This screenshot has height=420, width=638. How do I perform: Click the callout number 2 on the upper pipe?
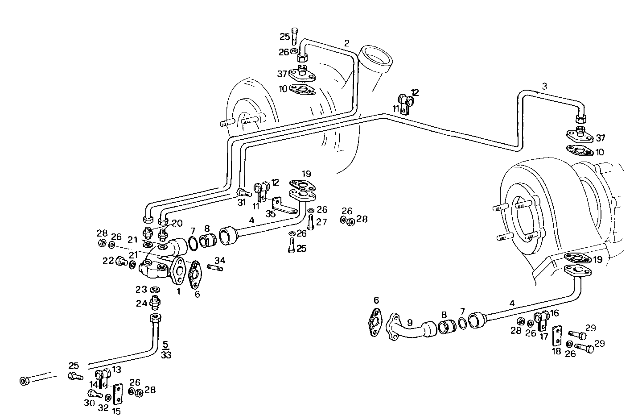pyautogui.click(x=346, y=43)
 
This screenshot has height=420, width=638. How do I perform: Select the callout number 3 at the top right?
pyautogui.click(x=544, y=86)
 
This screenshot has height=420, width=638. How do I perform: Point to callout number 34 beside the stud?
pyautogui.click(x=220, y=260)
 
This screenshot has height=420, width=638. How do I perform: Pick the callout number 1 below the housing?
pyautogui.click(x=178, y=291)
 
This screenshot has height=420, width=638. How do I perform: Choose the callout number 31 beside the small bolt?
pyautogui.click(x=241, y=202)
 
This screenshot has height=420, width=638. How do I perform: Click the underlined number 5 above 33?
pyautogui.click(x=165, y=345)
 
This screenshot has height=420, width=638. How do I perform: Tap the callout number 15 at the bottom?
pyautogui.click(x=116, y=411)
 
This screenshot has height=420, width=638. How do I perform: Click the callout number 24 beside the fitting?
pyautogui.click(x=141, y=304)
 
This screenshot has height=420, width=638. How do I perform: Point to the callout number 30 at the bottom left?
pyautogui.click(x=89, y=403)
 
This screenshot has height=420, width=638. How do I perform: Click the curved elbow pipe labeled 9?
pyautogui.click(x=408, y=333)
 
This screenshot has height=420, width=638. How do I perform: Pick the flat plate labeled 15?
pyautogui.click(x=118, y=393)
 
